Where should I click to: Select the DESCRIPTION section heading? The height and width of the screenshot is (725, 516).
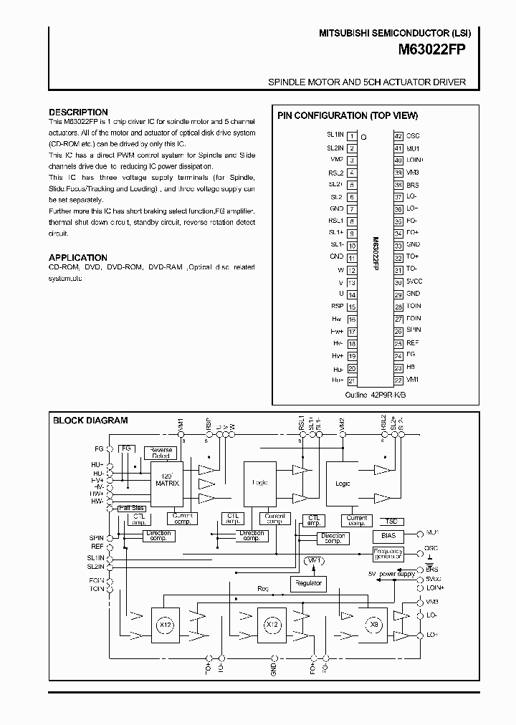pyautogui.click(x=78, y=112)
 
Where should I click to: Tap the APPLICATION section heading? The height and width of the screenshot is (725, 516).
pyautogui.click(x=78, y=257)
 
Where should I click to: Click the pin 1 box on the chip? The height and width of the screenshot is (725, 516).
pyautogui.click(x=352, y=135)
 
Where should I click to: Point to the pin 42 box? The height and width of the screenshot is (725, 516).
pyautogui.click(x=398, y=135)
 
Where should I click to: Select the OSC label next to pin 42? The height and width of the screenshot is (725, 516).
pyautogui.click(x=414, y=135)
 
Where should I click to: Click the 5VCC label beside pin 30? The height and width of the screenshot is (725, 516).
pyautogui.click(x=415, y=282)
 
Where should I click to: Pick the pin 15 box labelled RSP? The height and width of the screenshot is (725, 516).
pyautogui.click(x=352, y=307)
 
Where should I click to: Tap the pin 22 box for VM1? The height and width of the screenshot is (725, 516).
pyautogui.click(x=398, y=380)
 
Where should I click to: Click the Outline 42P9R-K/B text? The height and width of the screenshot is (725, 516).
pyautogui.click(x=376, y=395)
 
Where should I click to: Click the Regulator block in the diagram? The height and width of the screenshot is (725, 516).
pyautogui.click(x=307, y=583)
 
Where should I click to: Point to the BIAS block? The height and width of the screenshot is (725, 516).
pyautogui.click(x=388, y=536)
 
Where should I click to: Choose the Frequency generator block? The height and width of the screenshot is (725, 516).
pyautogui.click(x=388, y=554)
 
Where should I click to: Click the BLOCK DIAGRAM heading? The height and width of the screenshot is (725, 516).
pyautogui.click(x=90, y=421)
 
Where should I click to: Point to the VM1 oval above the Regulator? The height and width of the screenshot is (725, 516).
pyautogui.click(x=314, y=560)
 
